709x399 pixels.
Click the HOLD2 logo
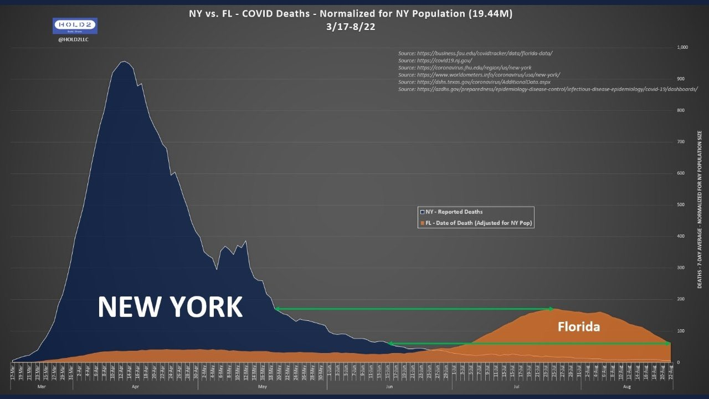tap(74, 25)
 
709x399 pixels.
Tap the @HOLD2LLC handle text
tap(74, 39)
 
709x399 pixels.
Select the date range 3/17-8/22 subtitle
tap(351, 27)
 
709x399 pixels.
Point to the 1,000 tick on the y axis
tap(682, 48)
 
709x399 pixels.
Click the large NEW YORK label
tap(170, 306)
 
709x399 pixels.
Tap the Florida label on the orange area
tap(578, 327)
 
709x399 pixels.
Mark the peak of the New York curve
tap(124, 62)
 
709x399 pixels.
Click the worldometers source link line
tap(480, 75)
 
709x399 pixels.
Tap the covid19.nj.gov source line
tap(435, 60)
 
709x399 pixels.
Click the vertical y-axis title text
tap(699, 209)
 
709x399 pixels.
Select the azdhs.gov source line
tap(548, 89)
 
